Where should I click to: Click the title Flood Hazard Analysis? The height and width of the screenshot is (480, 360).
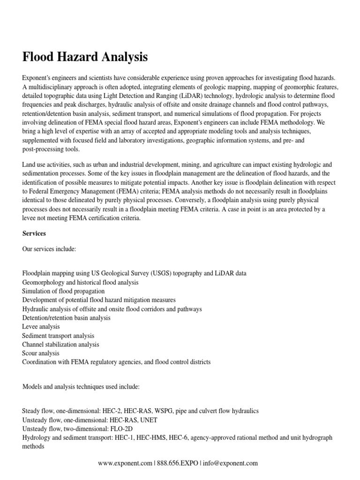[85, 57]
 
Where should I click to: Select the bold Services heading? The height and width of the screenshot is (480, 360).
[34, 233]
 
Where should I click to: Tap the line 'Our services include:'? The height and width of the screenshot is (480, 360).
[49, 249]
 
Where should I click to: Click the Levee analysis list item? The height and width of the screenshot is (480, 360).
[40, 327]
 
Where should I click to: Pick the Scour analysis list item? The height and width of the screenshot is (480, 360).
[40, 353]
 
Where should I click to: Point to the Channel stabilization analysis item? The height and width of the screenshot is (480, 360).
[60, 345]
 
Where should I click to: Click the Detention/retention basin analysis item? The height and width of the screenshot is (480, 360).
[66, 318]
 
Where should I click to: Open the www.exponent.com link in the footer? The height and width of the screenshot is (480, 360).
[125, 463]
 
